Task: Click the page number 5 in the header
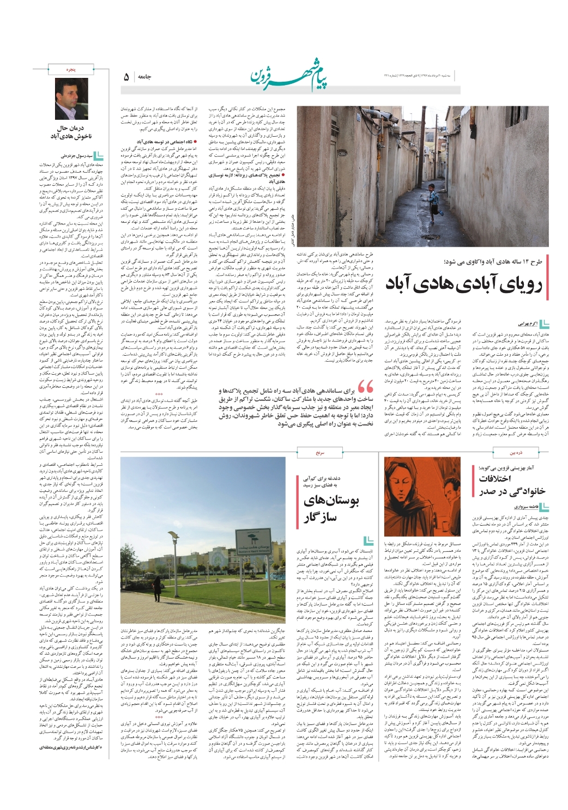click(x=126, y=78)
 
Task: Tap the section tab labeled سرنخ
click(x=319, y=452)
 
